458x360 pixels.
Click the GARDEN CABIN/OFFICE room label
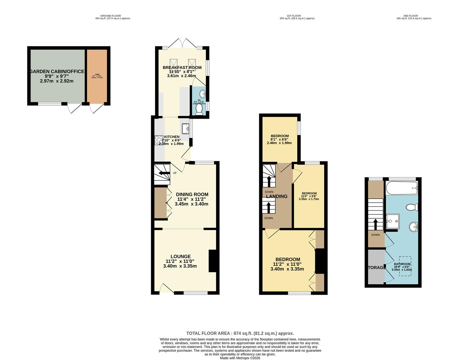pos(57,71)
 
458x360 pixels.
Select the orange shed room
pos(97,76)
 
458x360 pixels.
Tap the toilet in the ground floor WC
pos(199,110)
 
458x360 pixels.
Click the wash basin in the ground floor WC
pos(202,94)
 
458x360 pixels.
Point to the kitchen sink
pos(185,128)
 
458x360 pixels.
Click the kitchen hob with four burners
pos(158,140)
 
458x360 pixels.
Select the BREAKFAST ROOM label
pos(182,67)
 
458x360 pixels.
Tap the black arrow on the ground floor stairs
pos(164,173)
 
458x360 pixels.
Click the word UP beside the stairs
pos(174,173)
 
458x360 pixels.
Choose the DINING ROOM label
pos(192,194)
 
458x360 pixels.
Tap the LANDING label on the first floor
pos(277,196)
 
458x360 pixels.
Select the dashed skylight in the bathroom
pos(405,266)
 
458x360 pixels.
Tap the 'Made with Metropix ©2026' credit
pos(240,358)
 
